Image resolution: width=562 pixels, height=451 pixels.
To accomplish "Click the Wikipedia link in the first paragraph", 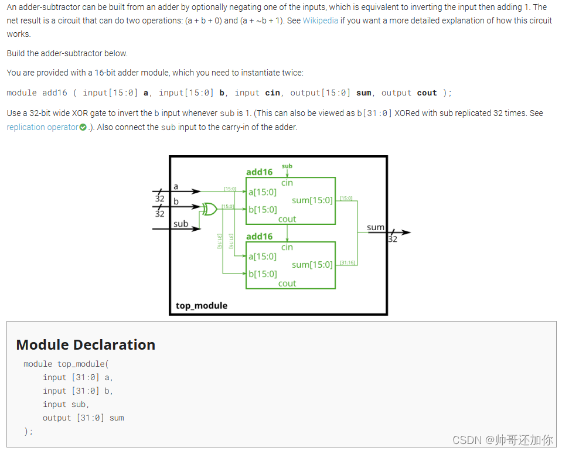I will pyautogui.click(x=320, y=20).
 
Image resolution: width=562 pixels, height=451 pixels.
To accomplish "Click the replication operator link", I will pyautogui.click(x=42, y=127).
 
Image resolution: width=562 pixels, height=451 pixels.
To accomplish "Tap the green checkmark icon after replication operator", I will pyautogui.click(x=83, y=127).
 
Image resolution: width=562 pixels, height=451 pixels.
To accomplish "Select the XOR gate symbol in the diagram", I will pyautogui.click(x=209, y=208).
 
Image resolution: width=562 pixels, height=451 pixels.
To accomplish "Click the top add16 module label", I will pyautogui.click(x=259, y=172).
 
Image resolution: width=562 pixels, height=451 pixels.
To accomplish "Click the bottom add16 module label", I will pyautogui.click(x=259, y=236).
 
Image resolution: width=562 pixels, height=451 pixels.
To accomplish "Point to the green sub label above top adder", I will pyautogui.click(x=287, y=166).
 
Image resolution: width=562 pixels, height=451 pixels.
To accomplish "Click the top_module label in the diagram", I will pyautogui.click(x=202, y=305).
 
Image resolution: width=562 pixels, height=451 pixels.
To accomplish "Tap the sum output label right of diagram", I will pyautogui.click(x=375, y=227).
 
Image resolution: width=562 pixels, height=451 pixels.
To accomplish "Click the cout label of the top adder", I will pyautogui.click(x=287, y=219).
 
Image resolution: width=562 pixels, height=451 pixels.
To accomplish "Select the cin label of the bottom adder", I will pyautogui.click(x=287, y=247).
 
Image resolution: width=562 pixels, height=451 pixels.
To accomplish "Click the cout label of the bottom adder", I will pyautogui.click(x=287, y=283).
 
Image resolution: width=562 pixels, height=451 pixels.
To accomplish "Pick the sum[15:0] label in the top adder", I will pyautogui.click(x=312, y=200).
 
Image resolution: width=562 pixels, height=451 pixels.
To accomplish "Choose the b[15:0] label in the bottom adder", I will pyautogui.click(x=262, y=274).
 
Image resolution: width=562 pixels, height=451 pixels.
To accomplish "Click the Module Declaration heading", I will pyautogui.click(x=86, y=344).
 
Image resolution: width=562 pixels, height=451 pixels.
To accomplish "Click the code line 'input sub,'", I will pyautogui.click(x=66, y=404).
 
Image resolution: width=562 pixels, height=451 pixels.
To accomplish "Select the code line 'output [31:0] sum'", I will pyautogui.click(x=83, y=418).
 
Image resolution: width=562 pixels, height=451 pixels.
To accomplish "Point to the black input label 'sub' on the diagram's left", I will pyautogui.click(x=180, y=224).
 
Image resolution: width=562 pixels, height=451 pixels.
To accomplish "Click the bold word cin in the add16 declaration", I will pyautogui.click(x=273, y=93).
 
